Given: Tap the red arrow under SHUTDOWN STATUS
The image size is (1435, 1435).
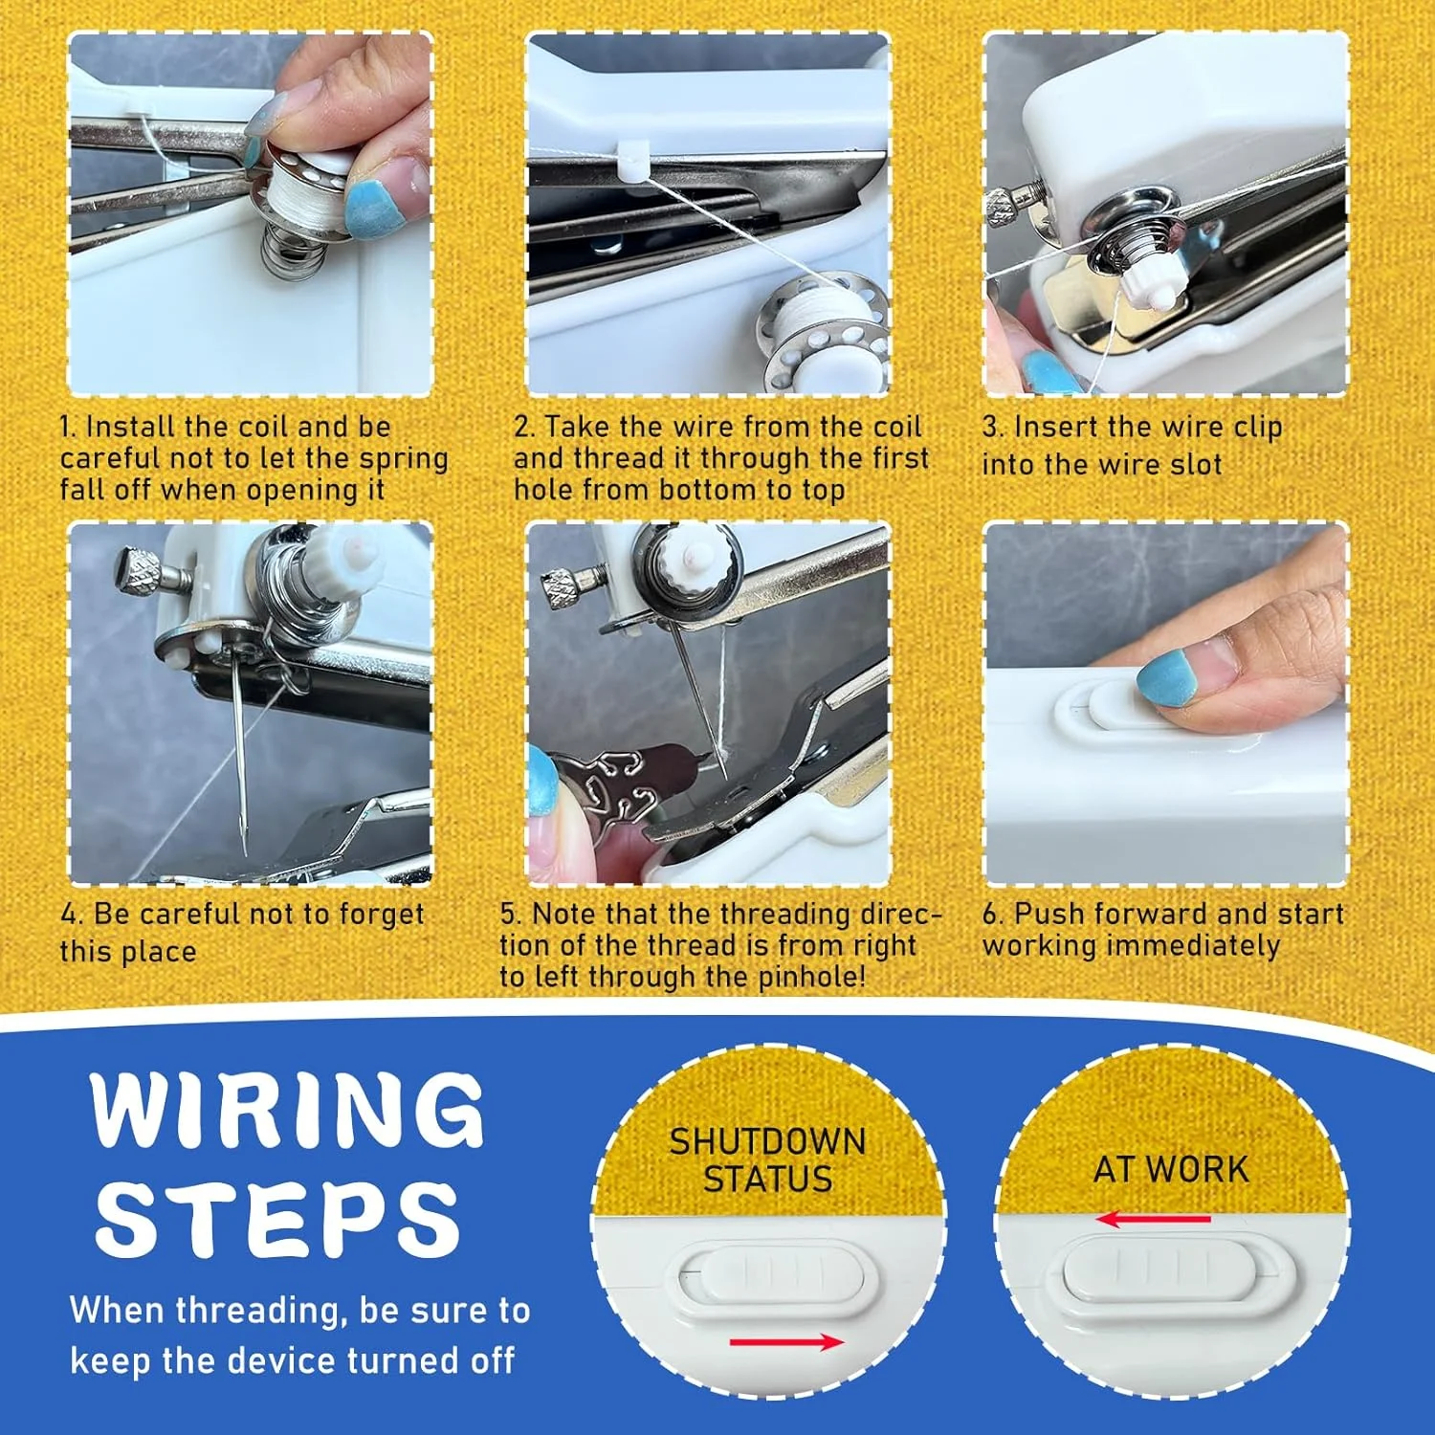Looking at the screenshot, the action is pos(786,1342).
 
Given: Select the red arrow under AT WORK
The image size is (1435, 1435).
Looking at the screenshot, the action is pos(1153,1219).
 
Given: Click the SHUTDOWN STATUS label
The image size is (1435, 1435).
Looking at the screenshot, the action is pos(767,1159).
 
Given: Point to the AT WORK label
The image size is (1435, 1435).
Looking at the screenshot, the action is pos(1171,1169).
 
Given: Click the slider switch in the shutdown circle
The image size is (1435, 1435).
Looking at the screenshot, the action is pos(770,1272).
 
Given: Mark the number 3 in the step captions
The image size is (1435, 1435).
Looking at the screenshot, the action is pos(991,428).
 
